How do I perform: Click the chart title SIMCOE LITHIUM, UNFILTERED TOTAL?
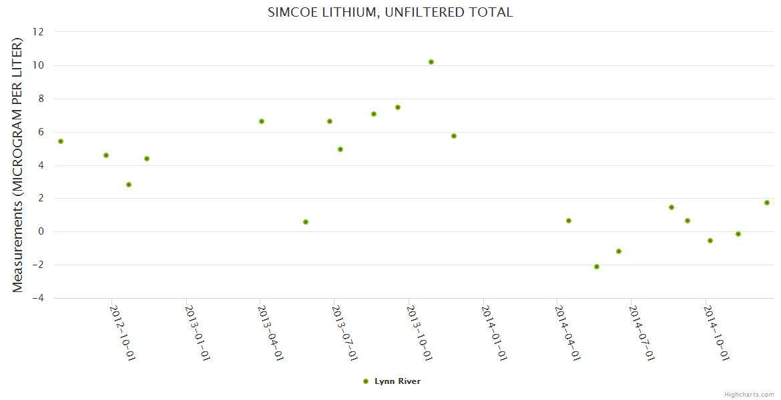pyautogui.click(x=390, y=12)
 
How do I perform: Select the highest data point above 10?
pyautogui.click(x=431, y=62)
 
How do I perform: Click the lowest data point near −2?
pyautogui.click(x=597, y=267)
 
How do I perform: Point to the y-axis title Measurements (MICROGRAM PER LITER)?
pyautogui.click(x=18, y=165)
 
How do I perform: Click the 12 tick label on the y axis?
pyautogui.click(x=38, y=32)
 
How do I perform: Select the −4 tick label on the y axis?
pyautogui.click(x=37, y=298)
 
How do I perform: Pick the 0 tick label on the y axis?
pyautogui.click(x=41, y=232)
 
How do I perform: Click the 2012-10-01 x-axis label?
pyautogui.click(x=123, y=333)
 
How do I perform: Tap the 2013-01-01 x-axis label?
pyautogui.click(x=198, y=333)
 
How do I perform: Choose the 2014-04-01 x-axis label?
pyautogui.click(x=567, y=333)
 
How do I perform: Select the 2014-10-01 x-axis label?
pyautogui.click(x=717, y=333)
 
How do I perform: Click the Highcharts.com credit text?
pyautogui.click(x=749, y=395)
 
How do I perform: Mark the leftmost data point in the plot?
pyautogui.click(x=61, y=141)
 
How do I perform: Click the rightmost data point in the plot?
pyautogui.click(x=767, y=203)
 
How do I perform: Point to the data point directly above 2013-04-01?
pyautogui.click(x=262, y=121)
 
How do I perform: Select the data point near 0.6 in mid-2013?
pyautogui.click(x=306, y=222)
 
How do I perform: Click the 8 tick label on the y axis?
pyautogui.click(x=41, y=99)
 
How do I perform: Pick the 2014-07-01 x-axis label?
pyautogui.click(x=642, y=333)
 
